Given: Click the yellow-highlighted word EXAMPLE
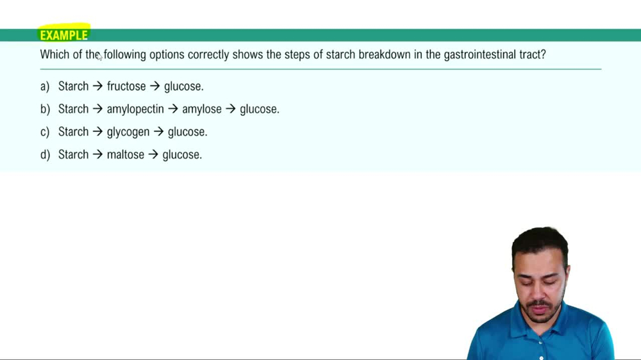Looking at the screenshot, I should (63, 35).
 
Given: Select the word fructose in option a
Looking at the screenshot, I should (126, 86).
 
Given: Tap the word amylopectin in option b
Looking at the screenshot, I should (135, 110).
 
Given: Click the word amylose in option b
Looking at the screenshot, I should (201, 110).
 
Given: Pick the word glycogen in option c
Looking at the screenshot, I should (128, 133).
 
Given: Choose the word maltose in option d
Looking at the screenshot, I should (125, 155).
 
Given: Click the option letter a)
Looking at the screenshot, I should (45, 86).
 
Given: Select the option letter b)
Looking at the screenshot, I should (45, 110).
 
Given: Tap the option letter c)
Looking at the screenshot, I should (45, 133).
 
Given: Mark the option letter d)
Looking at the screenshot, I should (45, 155).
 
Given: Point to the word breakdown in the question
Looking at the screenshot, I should (384, 55).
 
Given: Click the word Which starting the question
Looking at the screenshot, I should (53, 55).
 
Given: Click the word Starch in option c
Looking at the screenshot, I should (73, 133).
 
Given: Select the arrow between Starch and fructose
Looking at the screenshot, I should (97, 86).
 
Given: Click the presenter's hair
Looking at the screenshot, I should (540, 240).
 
